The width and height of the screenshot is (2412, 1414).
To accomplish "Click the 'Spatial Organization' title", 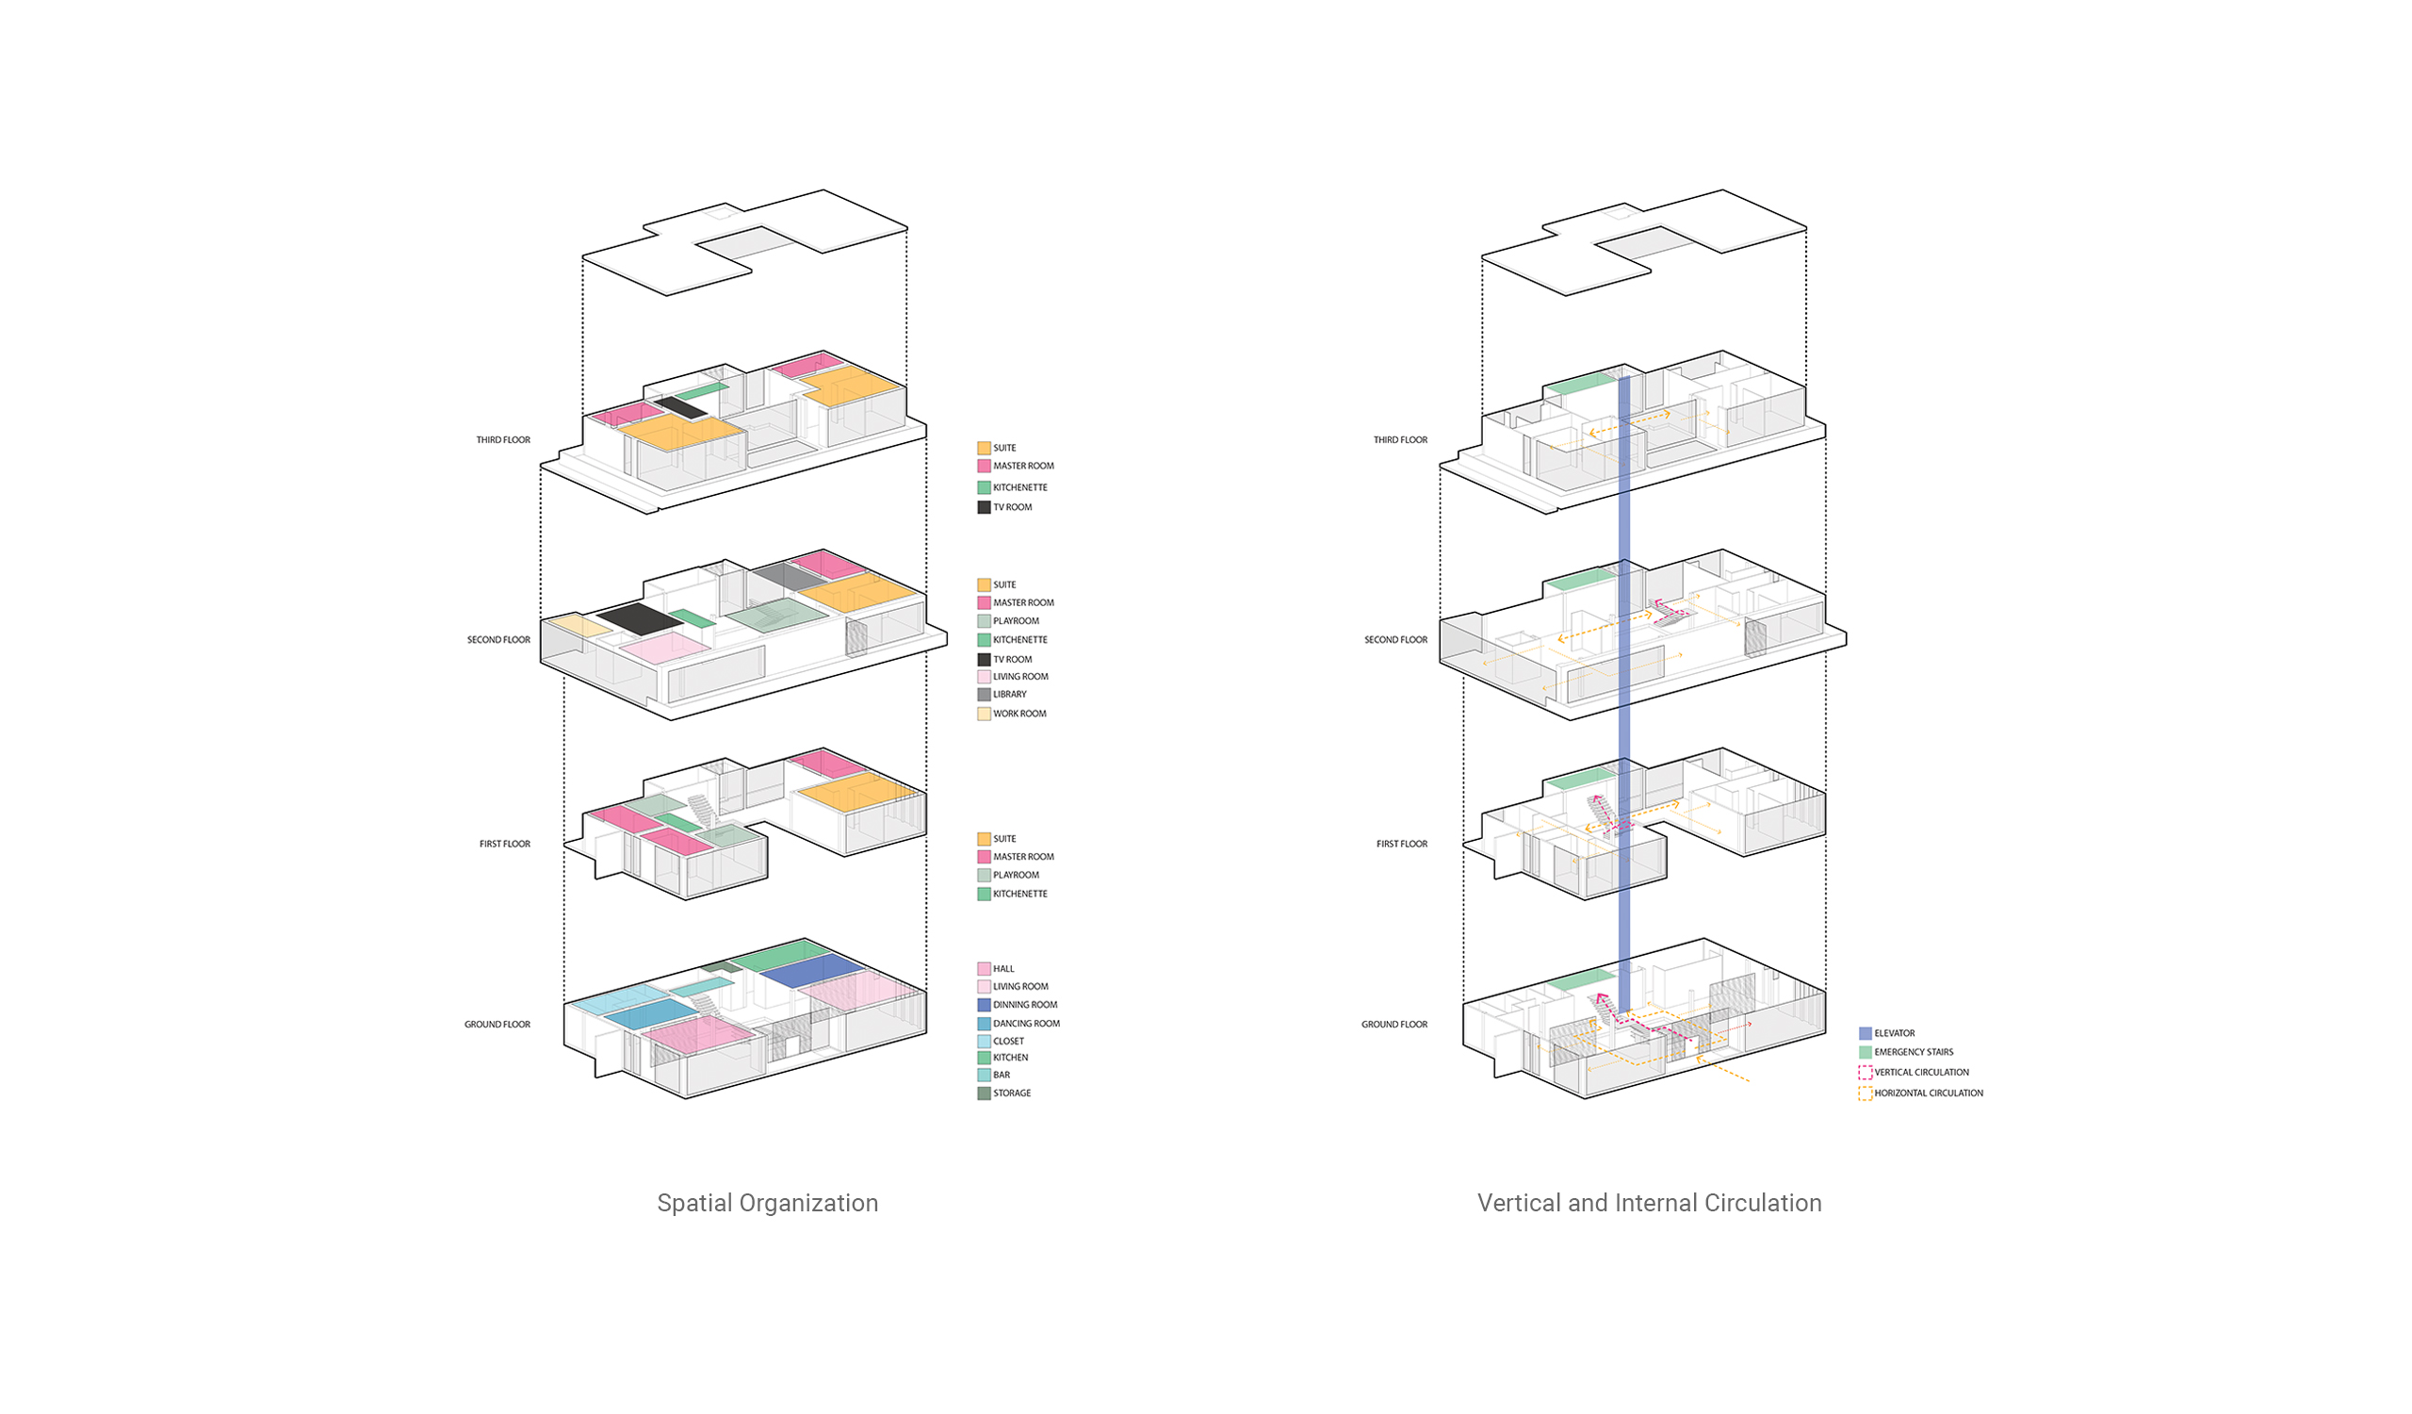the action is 768,1204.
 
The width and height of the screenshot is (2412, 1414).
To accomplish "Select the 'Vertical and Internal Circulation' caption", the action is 1649,1204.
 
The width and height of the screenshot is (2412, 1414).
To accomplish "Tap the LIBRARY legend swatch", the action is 983,695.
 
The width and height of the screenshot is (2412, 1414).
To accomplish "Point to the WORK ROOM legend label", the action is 1019,715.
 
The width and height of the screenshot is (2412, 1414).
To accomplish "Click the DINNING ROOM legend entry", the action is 1017,1005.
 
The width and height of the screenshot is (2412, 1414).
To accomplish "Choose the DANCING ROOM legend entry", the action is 1019,1024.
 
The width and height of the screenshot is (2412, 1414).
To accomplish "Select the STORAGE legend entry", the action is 1004,1093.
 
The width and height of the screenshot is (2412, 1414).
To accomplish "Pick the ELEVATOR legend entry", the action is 1886,1034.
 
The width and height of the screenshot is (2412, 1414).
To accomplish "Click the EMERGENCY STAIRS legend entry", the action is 1906,1052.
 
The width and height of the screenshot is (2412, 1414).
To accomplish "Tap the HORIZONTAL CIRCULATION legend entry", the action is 1921,1093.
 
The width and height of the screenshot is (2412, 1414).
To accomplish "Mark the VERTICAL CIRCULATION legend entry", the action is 1914,1073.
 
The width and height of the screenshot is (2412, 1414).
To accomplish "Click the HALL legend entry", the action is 996,969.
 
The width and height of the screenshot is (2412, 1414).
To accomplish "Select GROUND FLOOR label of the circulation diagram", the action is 1393,1025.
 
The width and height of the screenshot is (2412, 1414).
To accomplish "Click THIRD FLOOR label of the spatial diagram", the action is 502,440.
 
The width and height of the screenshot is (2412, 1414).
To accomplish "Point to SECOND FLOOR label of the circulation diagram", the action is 1395,639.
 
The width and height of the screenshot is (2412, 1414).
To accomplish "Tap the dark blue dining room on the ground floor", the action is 812,971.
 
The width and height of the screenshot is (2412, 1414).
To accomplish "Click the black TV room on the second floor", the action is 640,618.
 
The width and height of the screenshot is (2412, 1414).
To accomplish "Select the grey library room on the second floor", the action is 789,576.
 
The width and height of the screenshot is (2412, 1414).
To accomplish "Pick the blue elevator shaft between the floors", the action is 1624,694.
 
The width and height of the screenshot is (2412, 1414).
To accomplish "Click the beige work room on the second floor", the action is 578,625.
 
